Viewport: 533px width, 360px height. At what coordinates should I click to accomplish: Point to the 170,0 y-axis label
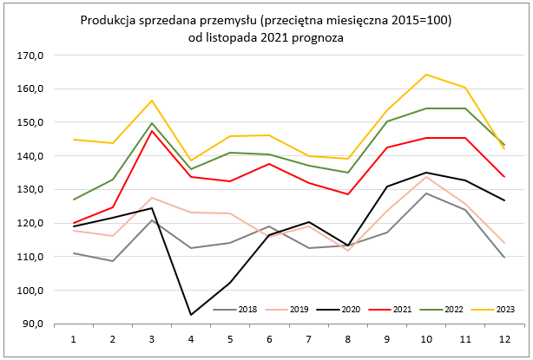[x=41, y=55]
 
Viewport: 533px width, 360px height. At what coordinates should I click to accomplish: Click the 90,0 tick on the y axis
[x=43, y=324]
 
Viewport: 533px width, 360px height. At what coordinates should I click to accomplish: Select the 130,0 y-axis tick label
[x=41, y=189]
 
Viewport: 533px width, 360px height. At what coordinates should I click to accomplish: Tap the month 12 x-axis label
[x=504, y=337]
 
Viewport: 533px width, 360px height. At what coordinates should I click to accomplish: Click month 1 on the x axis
[x=74, y=337]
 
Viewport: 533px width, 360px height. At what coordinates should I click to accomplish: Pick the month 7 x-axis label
[x=309, y=337]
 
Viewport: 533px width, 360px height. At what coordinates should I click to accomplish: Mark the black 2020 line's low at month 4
[x=192, y=314]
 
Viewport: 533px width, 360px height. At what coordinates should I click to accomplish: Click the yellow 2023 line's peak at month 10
[x=426, y=75]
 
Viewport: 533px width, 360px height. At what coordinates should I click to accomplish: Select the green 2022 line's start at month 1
[x=74, y=200]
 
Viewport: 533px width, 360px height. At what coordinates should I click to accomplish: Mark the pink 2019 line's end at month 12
[x=504, y=243]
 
